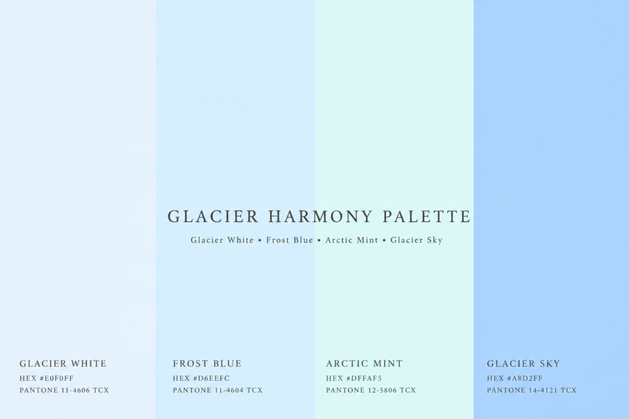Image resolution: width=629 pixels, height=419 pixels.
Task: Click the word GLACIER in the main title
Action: (213, 217)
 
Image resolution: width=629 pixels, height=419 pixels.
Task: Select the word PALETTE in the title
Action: (426, 217)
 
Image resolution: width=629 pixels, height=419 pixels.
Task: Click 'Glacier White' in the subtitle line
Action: (222, 240)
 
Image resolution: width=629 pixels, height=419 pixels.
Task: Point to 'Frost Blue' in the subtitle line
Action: (289, 240)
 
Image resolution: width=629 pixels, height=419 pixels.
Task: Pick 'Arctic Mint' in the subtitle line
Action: (351, 240)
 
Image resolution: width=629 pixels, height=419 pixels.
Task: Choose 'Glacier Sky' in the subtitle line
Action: (416, 240)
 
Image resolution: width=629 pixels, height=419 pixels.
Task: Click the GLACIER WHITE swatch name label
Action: (63, 364)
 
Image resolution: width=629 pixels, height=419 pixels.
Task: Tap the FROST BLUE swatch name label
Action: (207, 364)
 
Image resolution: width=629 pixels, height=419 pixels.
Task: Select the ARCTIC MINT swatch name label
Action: (364, 364)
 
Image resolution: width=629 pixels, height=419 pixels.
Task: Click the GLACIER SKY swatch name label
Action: (523, 364)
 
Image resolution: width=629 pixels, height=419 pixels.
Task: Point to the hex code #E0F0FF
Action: (57, 378)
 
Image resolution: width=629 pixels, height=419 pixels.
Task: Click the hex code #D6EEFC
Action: (211, 378)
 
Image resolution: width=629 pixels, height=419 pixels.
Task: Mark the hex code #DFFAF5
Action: (364, 378)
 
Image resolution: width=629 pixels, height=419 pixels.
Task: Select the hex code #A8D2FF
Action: (525, 378)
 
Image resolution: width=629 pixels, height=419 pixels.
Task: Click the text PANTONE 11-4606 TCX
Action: (64, 390)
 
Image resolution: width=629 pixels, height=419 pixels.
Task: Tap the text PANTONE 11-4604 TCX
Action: (217, 390)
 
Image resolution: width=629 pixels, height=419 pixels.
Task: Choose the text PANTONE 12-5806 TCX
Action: (370, 390)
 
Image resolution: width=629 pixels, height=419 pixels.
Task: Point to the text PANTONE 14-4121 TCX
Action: (531, 390)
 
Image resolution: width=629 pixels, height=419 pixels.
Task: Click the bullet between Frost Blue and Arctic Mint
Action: (319, 240)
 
